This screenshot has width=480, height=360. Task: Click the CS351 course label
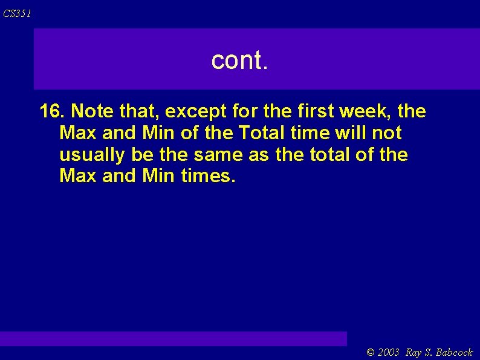17,13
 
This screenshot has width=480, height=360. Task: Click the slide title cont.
239,60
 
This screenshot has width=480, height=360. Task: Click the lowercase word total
327,155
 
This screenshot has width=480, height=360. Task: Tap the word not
389,133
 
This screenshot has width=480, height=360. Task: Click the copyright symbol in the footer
371,352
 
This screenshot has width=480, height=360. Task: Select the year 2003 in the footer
389,352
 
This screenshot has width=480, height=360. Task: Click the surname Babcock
454,352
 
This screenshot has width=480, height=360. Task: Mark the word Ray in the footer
414,352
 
